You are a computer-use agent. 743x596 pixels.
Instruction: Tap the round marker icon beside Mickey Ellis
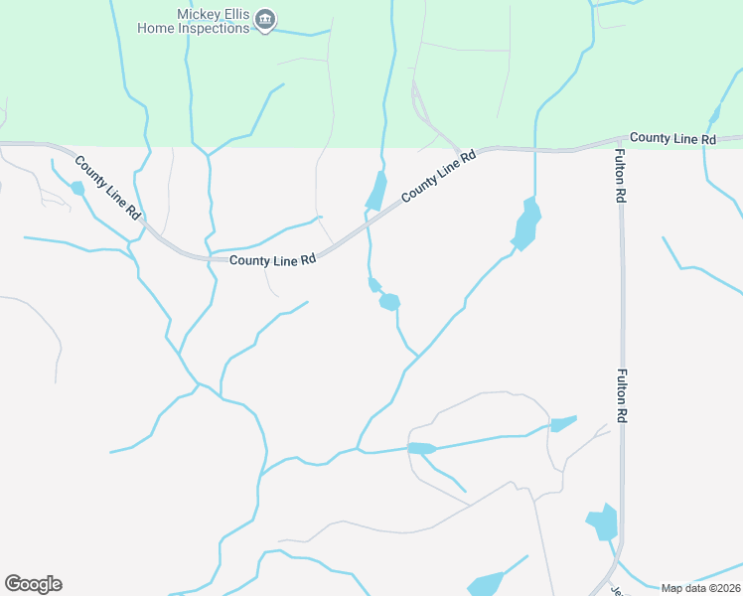coord(265,20)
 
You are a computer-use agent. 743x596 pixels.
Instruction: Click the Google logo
coord(33,584)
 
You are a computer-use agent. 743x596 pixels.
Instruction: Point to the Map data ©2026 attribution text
coord(699,588)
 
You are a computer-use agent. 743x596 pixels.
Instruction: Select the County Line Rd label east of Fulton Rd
coord(672,138)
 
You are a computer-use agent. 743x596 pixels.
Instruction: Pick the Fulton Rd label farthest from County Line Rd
coord(622,397)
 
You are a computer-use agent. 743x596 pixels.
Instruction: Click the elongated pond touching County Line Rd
coord(376,191)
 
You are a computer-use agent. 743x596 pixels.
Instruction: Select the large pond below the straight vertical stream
coord(526,224)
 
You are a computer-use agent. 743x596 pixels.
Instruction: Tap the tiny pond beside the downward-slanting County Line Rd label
coord(77,187)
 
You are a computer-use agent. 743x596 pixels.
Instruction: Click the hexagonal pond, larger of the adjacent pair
coord(389,301)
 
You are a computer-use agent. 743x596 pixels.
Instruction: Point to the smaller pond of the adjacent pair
coord(374,286)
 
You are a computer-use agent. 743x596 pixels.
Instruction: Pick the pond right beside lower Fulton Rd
coord(603,521)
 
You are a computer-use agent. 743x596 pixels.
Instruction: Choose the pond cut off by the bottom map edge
coord(487,584)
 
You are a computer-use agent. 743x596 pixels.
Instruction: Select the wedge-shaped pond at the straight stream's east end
coord(562,424)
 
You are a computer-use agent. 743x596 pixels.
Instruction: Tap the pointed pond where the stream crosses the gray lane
coord(421,449)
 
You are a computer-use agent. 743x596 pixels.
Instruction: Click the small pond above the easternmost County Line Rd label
coord(714,115)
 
